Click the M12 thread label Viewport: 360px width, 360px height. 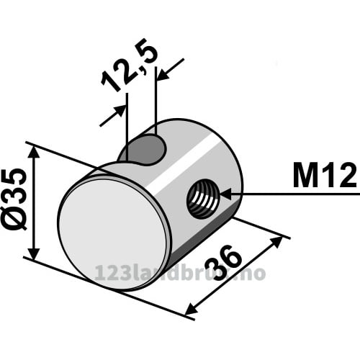(x=325, y=176)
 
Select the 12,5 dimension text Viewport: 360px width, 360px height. (x=130, y=65)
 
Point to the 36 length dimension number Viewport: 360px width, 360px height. (x=222, y=263)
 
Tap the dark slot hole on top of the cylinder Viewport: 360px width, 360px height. (x=144, y=150)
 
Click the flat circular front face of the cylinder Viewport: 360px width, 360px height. (x=113, y=233)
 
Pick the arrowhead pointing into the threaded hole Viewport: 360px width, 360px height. (x=225, y=194)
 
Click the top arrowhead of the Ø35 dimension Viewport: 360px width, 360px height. (x=34, y=153)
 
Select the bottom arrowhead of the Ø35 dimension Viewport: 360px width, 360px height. (x=34, y=253)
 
